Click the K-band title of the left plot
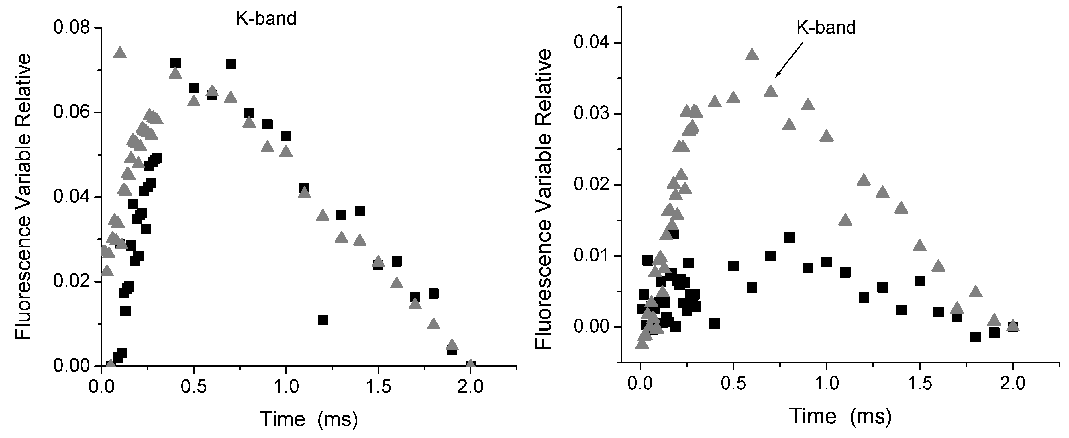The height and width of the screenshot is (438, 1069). (x=266, y=19)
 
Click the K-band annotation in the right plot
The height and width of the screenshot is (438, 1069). (x=826, y=28)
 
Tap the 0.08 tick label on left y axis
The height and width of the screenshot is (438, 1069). (x=71, y=28)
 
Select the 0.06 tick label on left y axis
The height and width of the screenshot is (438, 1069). (x=71, y=113)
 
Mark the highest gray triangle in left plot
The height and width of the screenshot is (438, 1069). (x=120, y=53)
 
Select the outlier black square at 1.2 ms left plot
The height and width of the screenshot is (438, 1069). (x=323, y=320)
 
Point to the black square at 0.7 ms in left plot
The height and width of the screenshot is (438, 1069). (x=231, y=64)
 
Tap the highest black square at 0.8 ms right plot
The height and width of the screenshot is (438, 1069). (x=789, y=237)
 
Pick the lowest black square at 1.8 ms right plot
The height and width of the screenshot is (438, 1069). (x=976, y=337)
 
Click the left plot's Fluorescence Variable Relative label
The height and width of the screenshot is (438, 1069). (x=23, y=196)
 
